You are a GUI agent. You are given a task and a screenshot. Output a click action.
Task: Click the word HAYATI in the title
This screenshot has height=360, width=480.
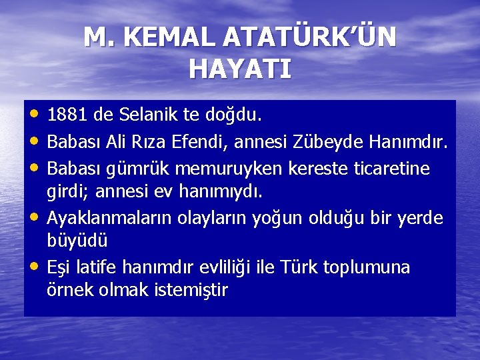coord(240,68)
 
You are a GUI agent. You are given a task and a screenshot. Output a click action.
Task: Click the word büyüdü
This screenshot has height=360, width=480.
coord(77,240)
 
